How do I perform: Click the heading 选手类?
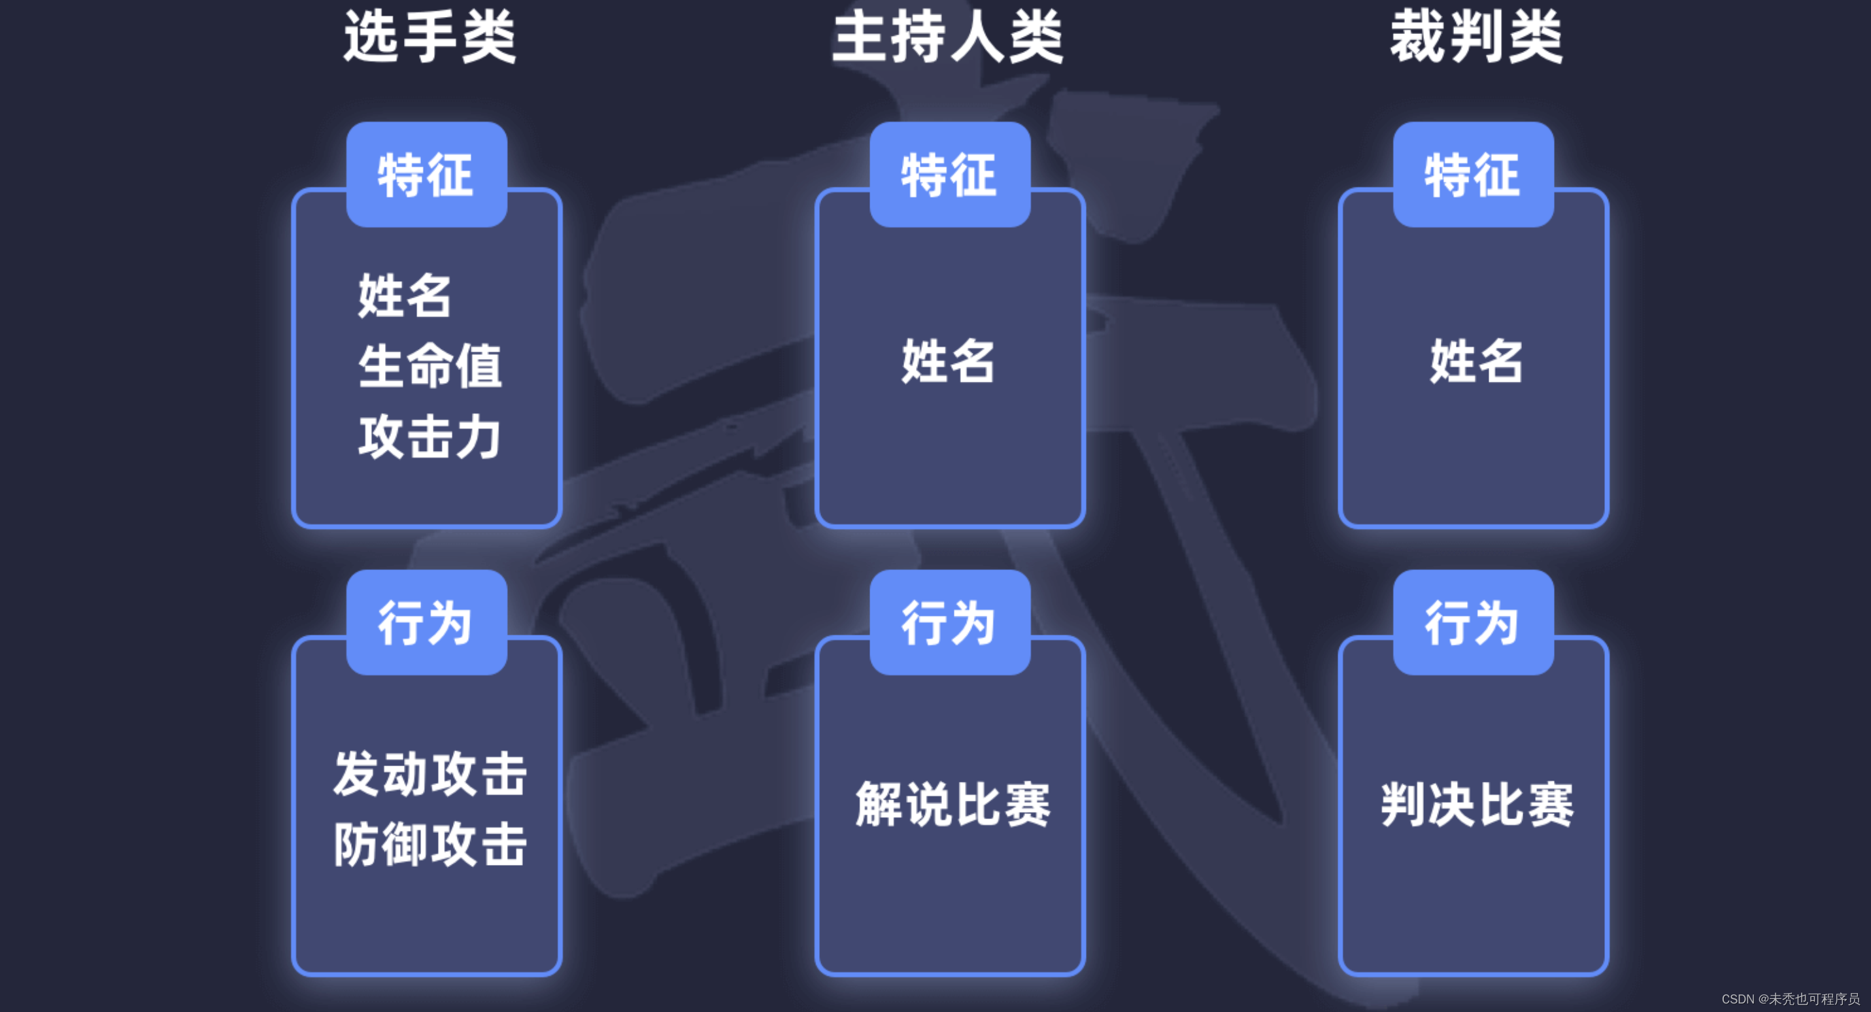pyautogui.click(x=430, y=37)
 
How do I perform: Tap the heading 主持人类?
pyautogui.click(x=947, y=37)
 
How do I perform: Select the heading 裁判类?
pyautogui.click(x=1476, y=37)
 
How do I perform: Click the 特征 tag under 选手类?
pyautogui.click(x=426, y=175)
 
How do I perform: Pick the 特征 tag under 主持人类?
pyautogui.click(x=949, y=175)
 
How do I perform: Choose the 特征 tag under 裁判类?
pyautogui.click(x=1472, y=175)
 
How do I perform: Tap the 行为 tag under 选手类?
pyautogui.click(x=426, y=622)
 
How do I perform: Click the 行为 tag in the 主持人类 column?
pyautogui.click(x=949, y=622)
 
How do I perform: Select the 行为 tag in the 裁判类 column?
pyautogui.click(x=1472, y=622)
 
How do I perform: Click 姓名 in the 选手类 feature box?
pyautogui.click(x=405, y=295)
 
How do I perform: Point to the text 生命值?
pyautogui.click(x=430, y=365)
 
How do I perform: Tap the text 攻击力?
pyautogui.click(x=430, y=437)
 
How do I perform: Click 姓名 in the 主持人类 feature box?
pyautogui.click(x=948, y=361)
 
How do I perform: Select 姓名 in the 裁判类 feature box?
pyautogui.click(x=1476, y=361)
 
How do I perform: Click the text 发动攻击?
pyautogui.click(x=430, y=774)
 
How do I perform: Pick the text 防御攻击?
pyautogui.click(x=430, y=844)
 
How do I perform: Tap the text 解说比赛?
pyautogui.click(x=952, y=804)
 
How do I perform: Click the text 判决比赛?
pyautogui.click(x=1477, y=804)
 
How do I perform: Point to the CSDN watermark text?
pyautogui.click(x=1790, y=999)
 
